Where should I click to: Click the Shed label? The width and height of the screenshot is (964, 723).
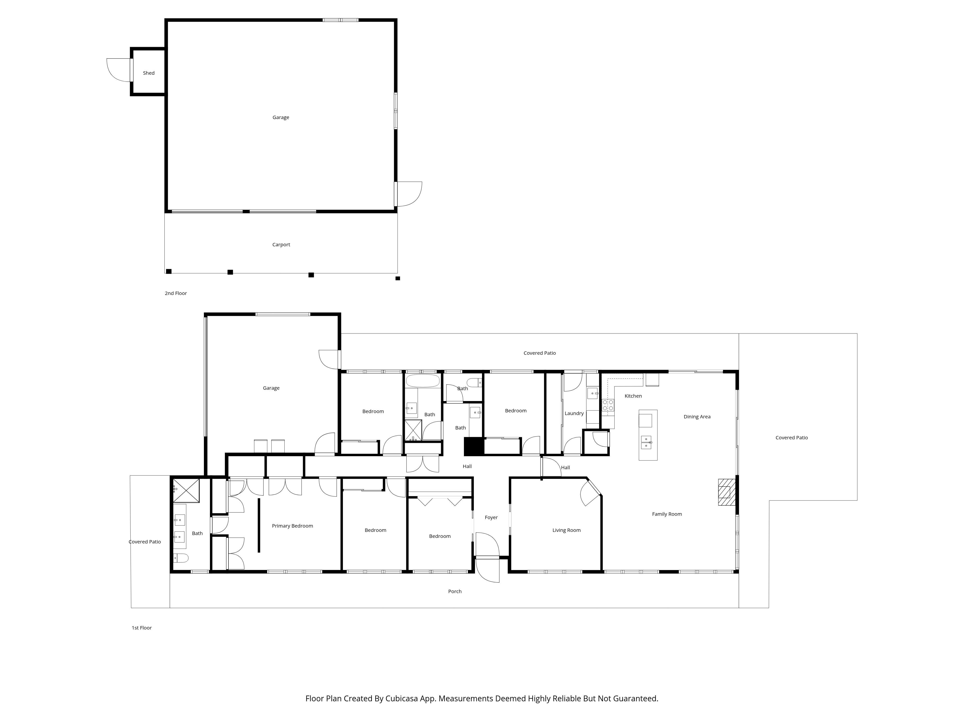[149, 73]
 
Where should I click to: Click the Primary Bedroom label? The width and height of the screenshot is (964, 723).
[292, 526]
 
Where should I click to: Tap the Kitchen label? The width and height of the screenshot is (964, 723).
[633, 396]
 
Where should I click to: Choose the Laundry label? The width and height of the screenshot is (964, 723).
[574, 414]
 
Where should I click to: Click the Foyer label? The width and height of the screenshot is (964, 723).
[491, 518]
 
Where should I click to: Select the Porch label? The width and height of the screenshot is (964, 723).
[455, 591]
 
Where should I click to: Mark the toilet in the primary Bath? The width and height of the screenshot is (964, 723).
[181, 558]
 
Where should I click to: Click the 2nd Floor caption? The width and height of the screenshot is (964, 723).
[176, 293]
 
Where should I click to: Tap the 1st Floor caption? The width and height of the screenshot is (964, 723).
[142, 628]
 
